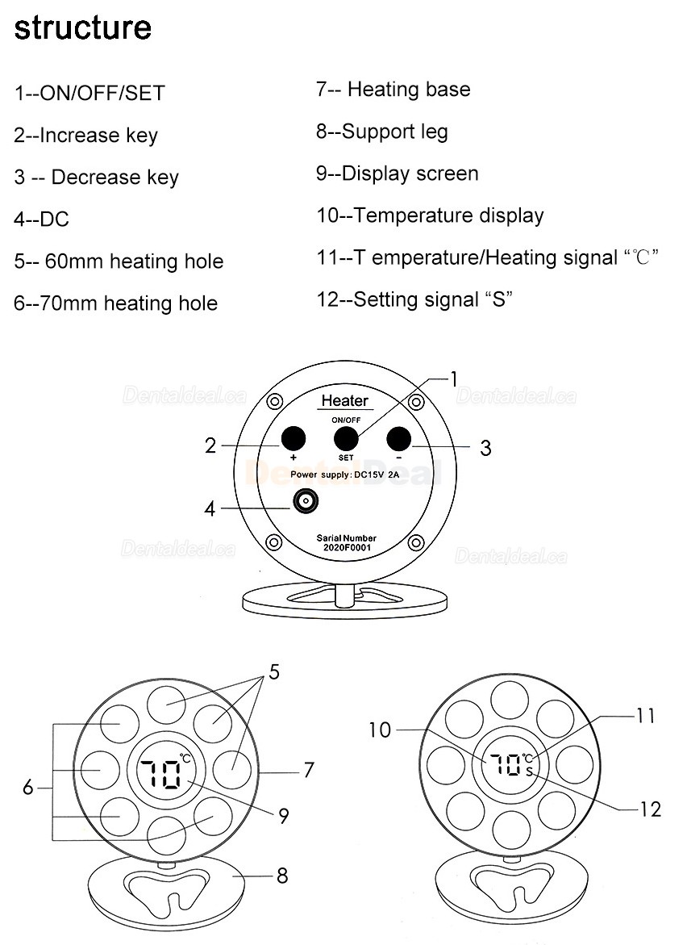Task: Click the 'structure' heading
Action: tap(82, 27)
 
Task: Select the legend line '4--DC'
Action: tap(42, 220)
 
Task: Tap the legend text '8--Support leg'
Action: tap(381, 132)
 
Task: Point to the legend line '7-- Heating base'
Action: tap(393, 90)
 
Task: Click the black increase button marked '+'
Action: tap(294, 438)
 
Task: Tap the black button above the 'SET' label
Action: tap(346, 438)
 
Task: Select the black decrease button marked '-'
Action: tap(398, 438)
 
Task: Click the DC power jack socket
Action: tap(306, 501)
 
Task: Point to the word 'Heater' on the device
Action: tap(344, 401)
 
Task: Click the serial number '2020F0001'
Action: tap(347, 548)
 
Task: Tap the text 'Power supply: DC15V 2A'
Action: tap(344, 475)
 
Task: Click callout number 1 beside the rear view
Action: tap(454, 379)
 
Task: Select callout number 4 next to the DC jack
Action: tap(210, 509)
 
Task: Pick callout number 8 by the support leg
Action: tap(282, 876)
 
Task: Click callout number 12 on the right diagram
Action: tap(651, 809)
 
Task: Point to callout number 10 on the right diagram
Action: tap(380, 730)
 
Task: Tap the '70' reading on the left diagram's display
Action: tap(160, 774)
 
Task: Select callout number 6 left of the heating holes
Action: tap(28, 787)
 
